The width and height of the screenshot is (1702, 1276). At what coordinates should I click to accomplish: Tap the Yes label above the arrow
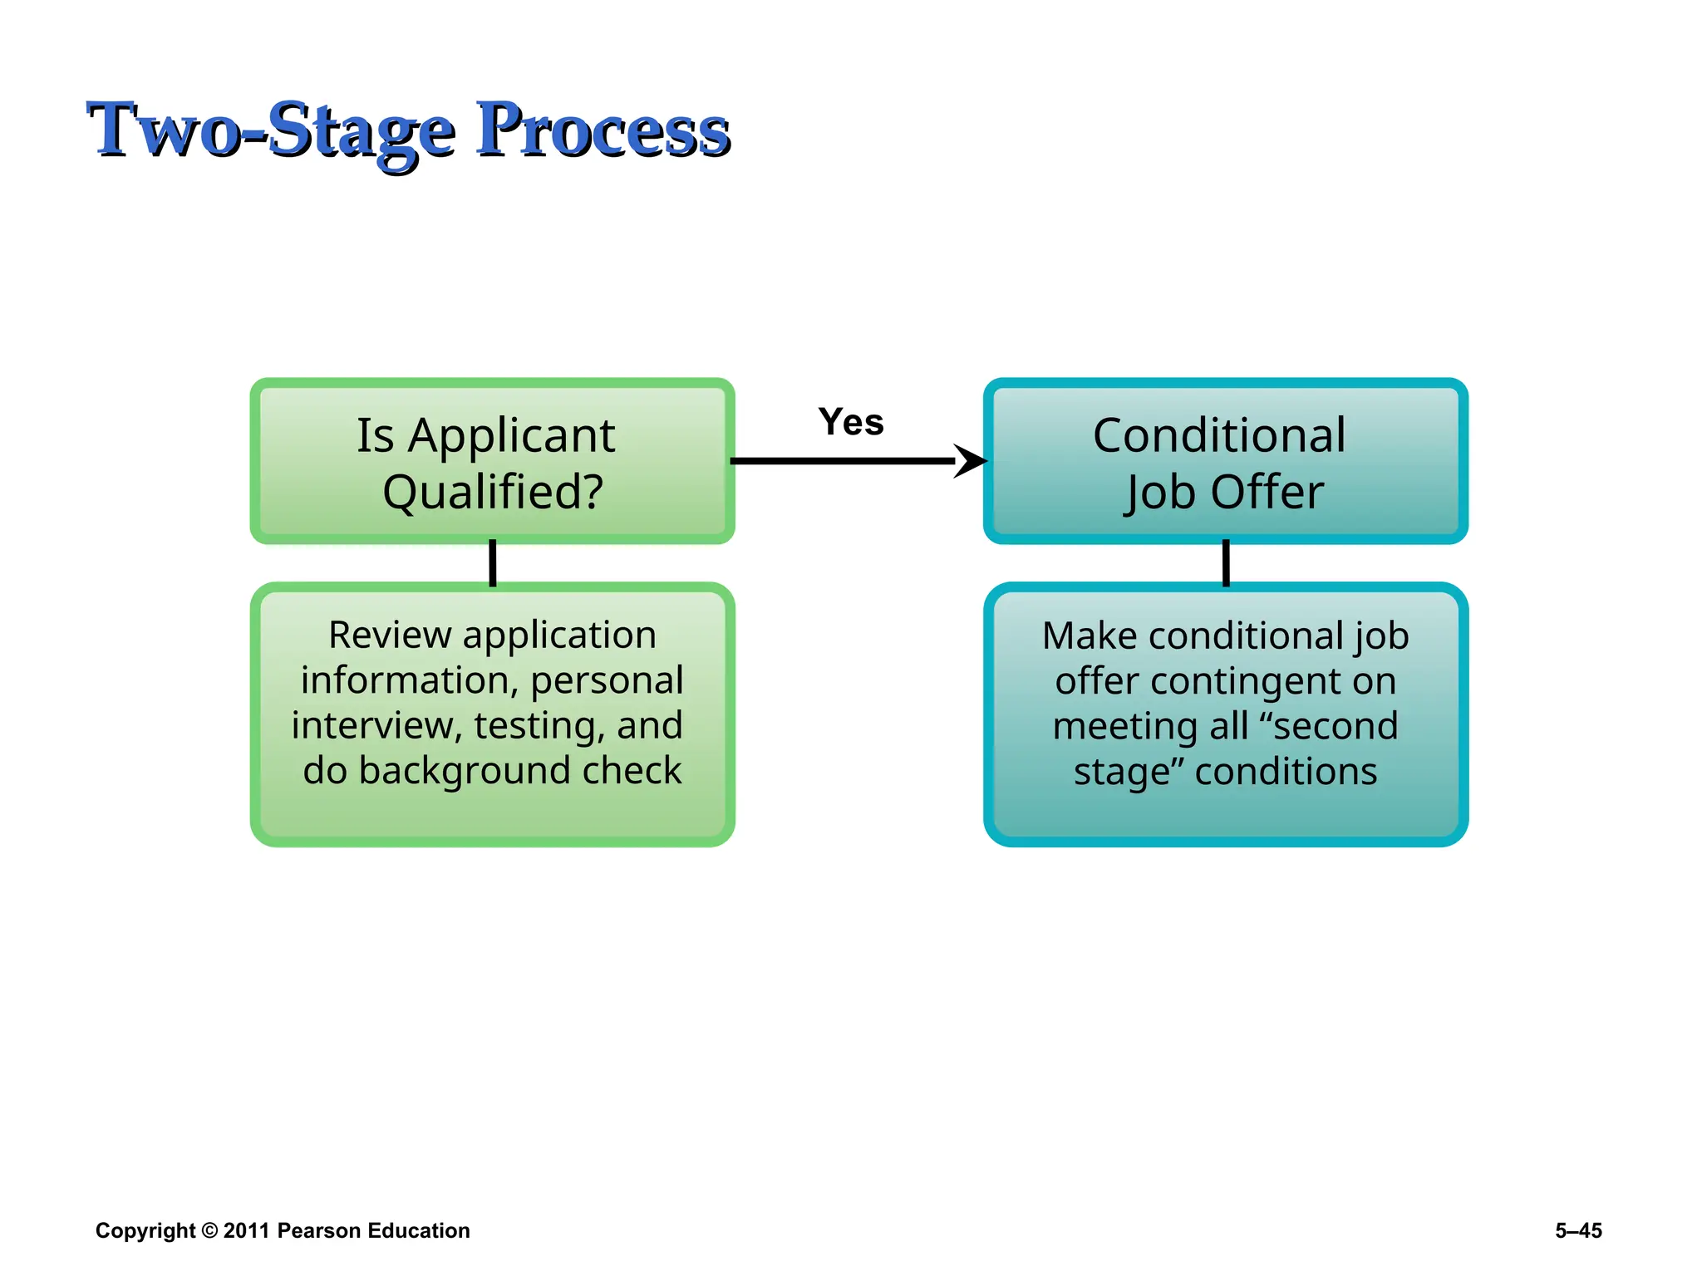851,422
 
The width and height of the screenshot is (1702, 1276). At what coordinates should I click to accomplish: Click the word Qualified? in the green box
493,492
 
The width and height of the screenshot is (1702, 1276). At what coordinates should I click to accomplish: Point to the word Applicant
511,435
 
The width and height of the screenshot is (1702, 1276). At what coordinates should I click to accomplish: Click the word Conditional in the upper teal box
1219,435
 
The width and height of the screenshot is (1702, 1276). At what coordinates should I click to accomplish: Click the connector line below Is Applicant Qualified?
493,563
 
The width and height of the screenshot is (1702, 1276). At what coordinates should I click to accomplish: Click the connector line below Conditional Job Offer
1226,563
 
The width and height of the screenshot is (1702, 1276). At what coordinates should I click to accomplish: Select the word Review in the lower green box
389,636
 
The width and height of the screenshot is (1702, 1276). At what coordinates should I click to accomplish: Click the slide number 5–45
1578,1230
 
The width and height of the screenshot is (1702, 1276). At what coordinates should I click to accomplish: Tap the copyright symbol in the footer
209,1230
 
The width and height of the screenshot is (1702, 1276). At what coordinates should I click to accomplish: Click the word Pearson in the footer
318,1230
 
